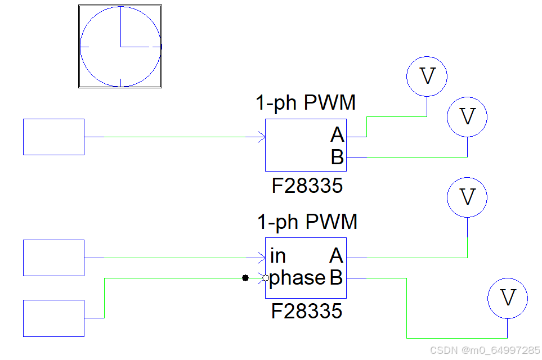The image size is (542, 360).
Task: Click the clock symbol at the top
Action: click(120, 46)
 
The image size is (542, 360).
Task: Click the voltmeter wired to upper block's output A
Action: click(427, 76)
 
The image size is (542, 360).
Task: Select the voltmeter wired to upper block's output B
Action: click(467, 117)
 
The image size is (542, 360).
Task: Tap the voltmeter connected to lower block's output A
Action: click(467, 197)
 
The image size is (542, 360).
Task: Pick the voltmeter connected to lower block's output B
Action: click(508, 298)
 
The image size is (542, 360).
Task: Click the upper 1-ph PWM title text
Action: click(306, 103)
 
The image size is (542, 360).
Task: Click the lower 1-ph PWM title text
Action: click(307, 222)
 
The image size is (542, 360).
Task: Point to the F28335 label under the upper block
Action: click(307, 186)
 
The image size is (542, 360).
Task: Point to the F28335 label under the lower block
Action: click(307, 311)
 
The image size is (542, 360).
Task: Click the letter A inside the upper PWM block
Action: click(337, 136)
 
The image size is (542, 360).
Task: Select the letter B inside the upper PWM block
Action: click(337, 157)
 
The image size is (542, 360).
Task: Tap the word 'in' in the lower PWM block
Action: click(278, 256)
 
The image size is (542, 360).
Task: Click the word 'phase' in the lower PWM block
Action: click(297, 278)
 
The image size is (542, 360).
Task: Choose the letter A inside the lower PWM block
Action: click(336, 256)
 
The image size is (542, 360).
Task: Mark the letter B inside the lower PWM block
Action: click(336, 278)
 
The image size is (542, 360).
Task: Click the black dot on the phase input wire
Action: click(245, 278)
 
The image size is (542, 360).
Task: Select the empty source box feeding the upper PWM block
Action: click(53, 137)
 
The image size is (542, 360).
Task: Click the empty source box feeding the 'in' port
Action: click(53, 258)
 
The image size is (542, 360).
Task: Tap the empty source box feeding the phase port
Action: click(53, 318)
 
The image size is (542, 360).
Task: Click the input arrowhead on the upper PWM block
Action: click(261, 137)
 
